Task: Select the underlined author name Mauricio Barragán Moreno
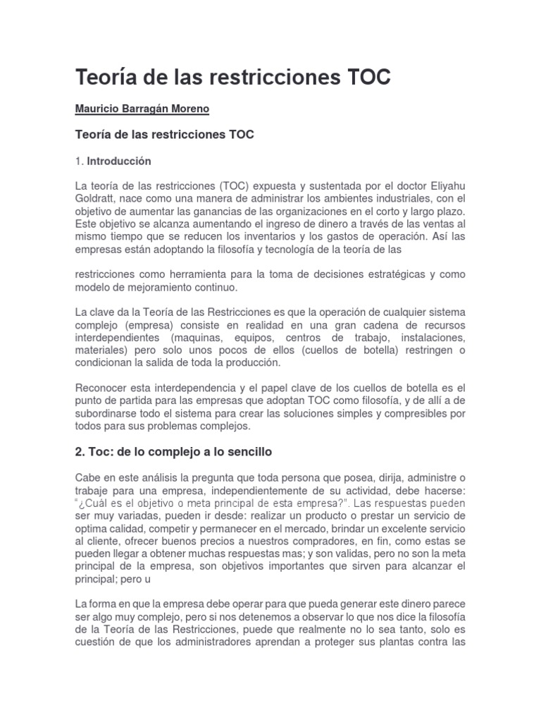(x=142, y=109)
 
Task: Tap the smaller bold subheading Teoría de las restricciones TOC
(x=164, y=135)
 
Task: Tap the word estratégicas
(x=397, y=274)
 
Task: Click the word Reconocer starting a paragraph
(x=100, y=388)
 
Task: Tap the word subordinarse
(x=108, y=413)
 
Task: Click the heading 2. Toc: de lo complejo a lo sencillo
(x=173, y=451)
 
